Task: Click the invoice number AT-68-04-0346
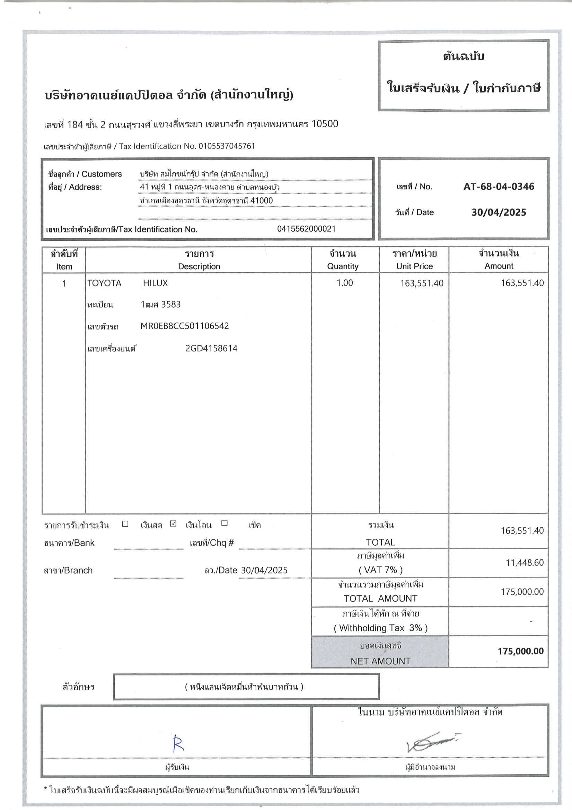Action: click(498, 186)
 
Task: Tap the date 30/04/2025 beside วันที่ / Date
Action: click(498, 212)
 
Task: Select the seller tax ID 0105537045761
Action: click(227, 146)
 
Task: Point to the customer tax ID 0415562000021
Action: click(306, 229)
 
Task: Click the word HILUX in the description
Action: click(156, 283)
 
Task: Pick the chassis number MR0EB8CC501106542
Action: click(184, 326)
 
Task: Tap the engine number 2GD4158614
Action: click(211, 348)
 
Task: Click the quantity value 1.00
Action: click(344, 283)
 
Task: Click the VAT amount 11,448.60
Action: click(525, 562)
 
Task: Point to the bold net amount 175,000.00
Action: click(520, 651)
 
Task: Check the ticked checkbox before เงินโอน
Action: click(173, 523)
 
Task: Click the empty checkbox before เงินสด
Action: click(125, 523)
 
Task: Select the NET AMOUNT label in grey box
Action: click(380, 661)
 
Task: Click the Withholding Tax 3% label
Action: click(380, 628)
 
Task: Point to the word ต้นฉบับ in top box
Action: click(463, 57)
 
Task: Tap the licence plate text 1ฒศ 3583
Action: click(160, 304)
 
